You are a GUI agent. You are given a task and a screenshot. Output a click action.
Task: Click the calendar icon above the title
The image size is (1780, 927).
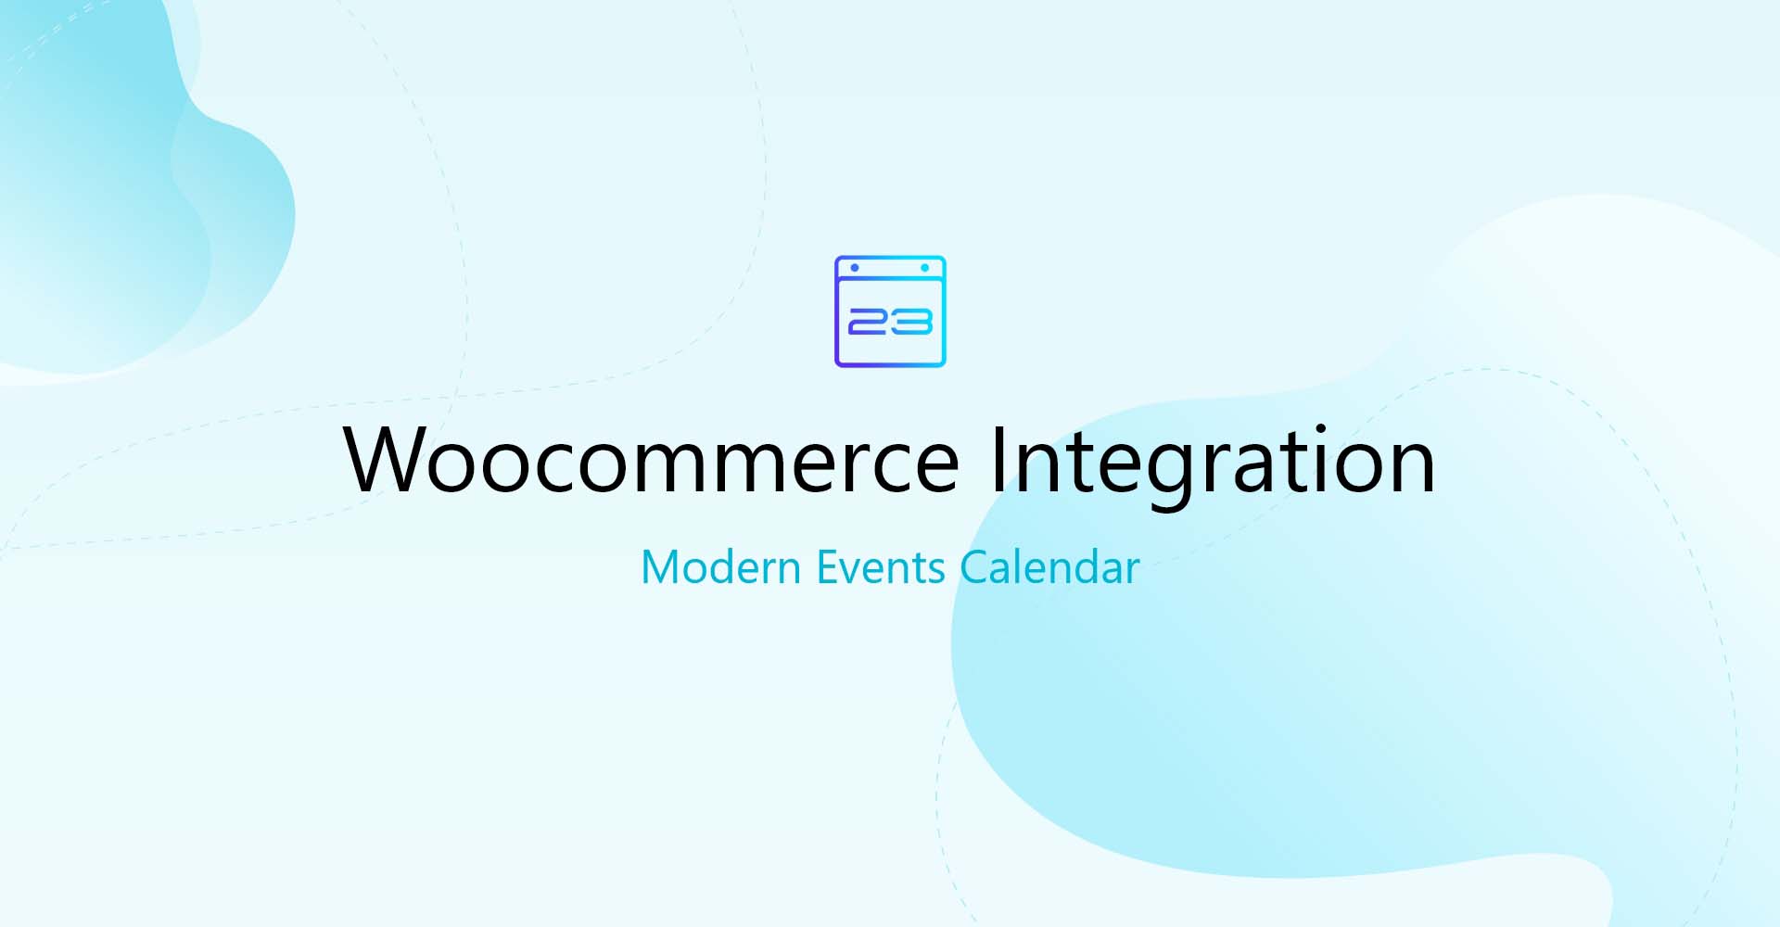[x=890, y=311]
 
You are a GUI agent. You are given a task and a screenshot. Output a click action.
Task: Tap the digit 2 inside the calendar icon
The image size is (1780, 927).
[x=868, y=322]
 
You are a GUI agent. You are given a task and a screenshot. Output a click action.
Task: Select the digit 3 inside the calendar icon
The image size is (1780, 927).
[x=912, y=322]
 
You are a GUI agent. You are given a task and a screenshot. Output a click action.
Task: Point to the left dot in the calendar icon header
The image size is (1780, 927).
[x=855, y=268]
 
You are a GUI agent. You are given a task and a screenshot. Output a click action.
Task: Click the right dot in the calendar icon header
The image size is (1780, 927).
[x=924, y=268]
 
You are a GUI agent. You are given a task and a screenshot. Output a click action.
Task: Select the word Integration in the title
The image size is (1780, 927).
[x=1213, y=461]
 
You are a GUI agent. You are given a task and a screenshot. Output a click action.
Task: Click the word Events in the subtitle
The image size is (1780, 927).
[x=880, y=567]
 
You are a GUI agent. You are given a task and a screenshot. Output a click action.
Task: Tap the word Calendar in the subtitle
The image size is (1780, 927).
[x=1049, y=567]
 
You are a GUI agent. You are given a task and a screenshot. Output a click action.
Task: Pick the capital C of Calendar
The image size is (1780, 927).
[x=977, y=567]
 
